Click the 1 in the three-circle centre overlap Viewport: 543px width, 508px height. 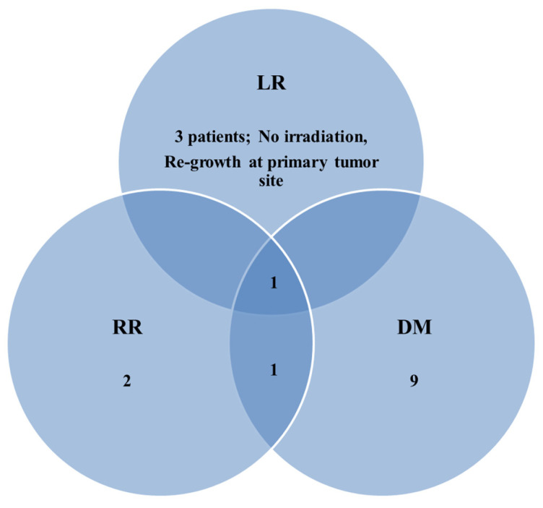[x=271, y=284]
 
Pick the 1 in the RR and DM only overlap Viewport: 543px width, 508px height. [x=271, y=370]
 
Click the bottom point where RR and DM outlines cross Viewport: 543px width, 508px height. [x=271, y=447]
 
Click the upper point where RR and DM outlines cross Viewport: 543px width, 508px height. [x=271, y=235]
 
